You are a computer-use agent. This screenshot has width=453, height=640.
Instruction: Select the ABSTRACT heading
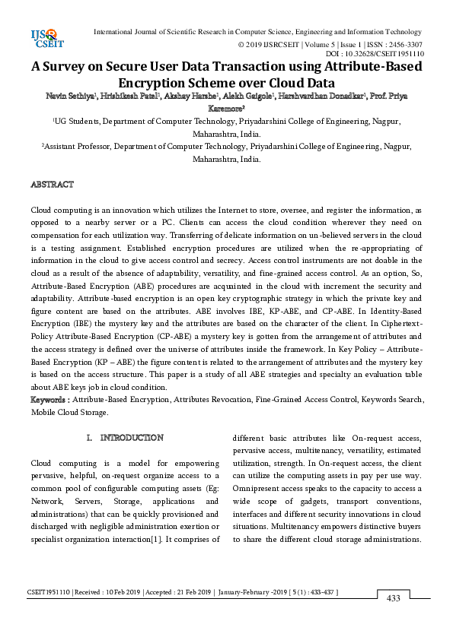coord(52,185)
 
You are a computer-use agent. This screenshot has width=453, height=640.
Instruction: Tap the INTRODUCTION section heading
coord(132,438)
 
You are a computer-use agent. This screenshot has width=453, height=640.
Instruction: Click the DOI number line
coord(375,55)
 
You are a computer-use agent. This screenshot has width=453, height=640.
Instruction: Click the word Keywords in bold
coord(49,400)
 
